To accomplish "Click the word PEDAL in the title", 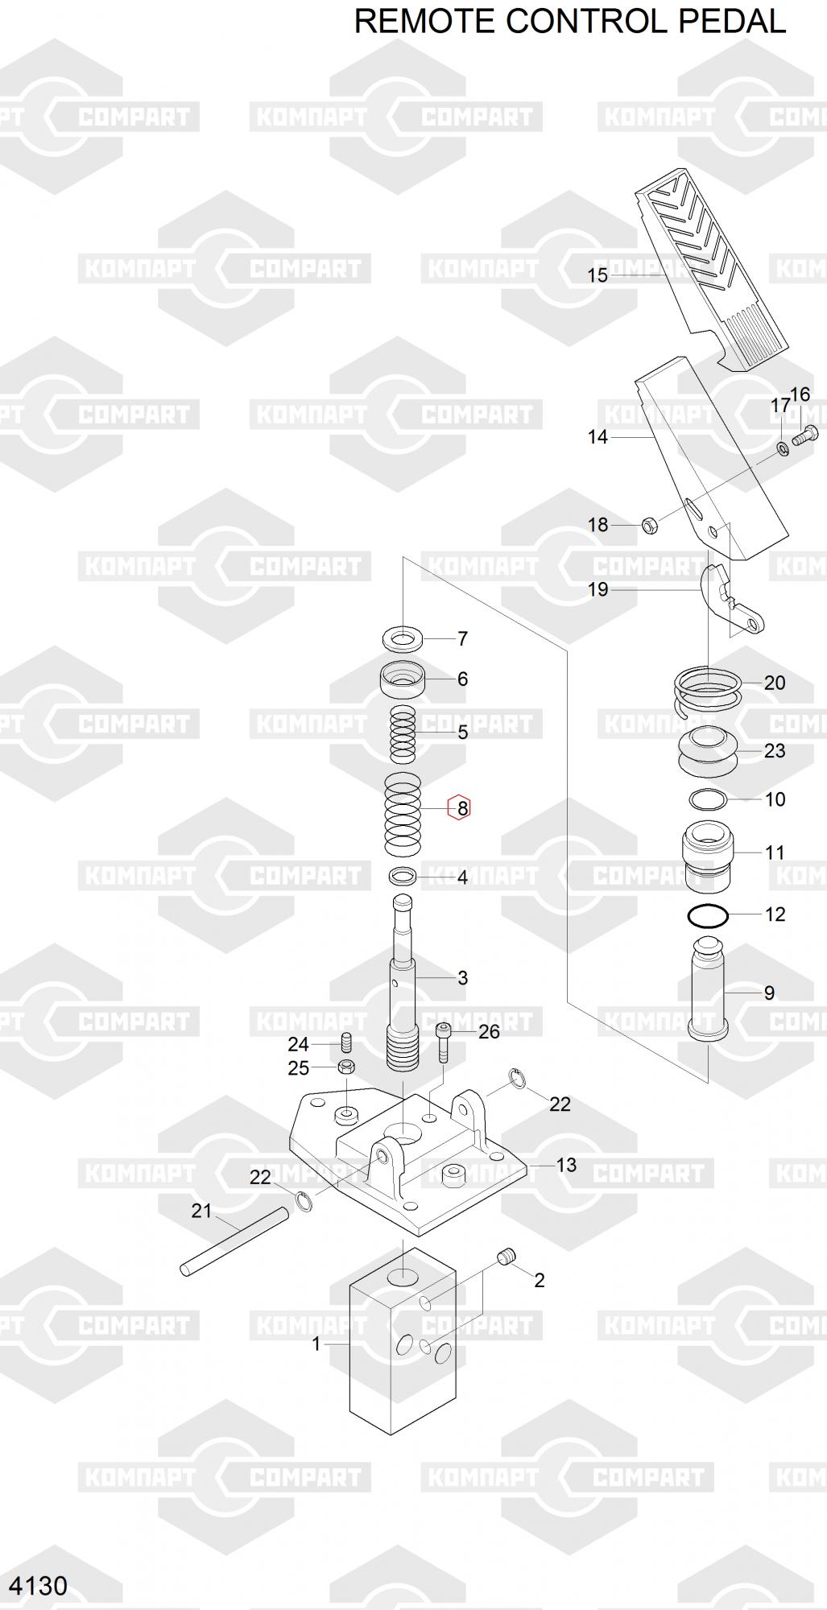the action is coord(732,21).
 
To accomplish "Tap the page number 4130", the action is coord(38,1585).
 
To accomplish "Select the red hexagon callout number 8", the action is coord(459,807).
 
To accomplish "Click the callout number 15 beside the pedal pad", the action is coord(598,275).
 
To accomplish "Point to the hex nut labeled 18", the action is coord(651,526).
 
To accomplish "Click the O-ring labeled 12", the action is coord(709,916).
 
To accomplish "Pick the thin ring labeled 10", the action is coord(709,799).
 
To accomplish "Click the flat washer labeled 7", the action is coord(403,640).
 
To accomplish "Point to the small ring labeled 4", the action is coord(403,876).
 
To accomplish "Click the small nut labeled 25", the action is coord(346,1068).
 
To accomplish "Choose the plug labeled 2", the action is coord(507,1257).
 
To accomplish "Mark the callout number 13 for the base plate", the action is coord(566,1165).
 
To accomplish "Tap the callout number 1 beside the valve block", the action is coord(316,1344).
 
